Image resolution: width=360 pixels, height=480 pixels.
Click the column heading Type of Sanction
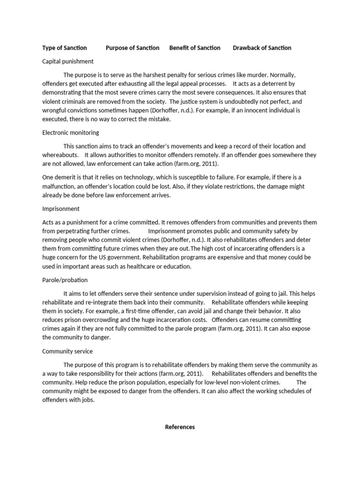(x=65, y=48)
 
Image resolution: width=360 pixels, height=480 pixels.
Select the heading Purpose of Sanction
(x=133, y=48)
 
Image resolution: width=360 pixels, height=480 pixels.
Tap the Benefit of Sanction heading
(x=195, y=48)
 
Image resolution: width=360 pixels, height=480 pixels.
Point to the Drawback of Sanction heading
(x=262, y=48)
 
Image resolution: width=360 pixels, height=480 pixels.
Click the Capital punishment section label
(x=68, y=61)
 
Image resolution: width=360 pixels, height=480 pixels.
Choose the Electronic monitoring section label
(x=71, y=133)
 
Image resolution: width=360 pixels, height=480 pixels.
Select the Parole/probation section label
(x=65, y=280)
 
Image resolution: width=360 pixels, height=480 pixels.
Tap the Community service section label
(x=67, y=351)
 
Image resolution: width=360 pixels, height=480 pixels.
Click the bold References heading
(x=180, y=427)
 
